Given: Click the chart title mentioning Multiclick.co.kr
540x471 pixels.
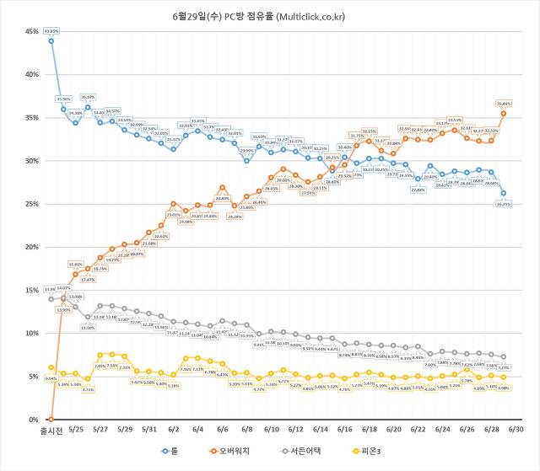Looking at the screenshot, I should pyautogui.click(x=269, y=15).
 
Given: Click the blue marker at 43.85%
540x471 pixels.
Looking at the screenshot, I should pyautogui.click(x=51, y=40).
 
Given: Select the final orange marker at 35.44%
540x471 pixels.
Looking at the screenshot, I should pyautogui.click(x=504, y=113).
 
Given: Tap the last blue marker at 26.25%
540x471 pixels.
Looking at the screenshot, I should pyautogui.click(x=504, y=193).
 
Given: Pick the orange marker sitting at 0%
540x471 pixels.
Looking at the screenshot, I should pyautogui.click(x=51, y=419).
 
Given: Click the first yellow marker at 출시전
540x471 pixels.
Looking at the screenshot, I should pyautogui.click(x=51, y=367).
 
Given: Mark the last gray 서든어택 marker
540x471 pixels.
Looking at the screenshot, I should pyautogui.click(x=504, y=356).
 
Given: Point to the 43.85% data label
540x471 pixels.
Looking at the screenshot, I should pyautogui.click(x=51, y=30).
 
